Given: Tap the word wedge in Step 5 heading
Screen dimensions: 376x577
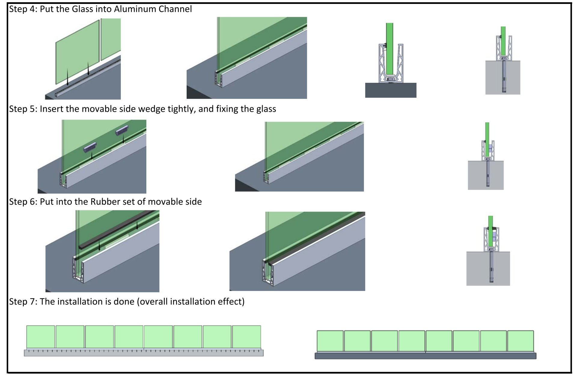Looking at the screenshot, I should [155, 109].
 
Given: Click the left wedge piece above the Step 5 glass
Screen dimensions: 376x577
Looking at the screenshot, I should [90, 147].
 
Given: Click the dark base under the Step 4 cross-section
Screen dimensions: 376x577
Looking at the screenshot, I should [391, 90].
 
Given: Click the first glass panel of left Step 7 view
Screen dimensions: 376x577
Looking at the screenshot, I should [41, 337].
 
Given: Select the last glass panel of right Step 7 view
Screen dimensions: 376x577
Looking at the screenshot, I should [521, 341].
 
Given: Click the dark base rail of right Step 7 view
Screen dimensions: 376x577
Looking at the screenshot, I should [425, 356].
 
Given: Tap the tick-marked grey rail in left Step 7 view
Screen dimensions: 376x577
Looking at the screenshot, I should [144, 353].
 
